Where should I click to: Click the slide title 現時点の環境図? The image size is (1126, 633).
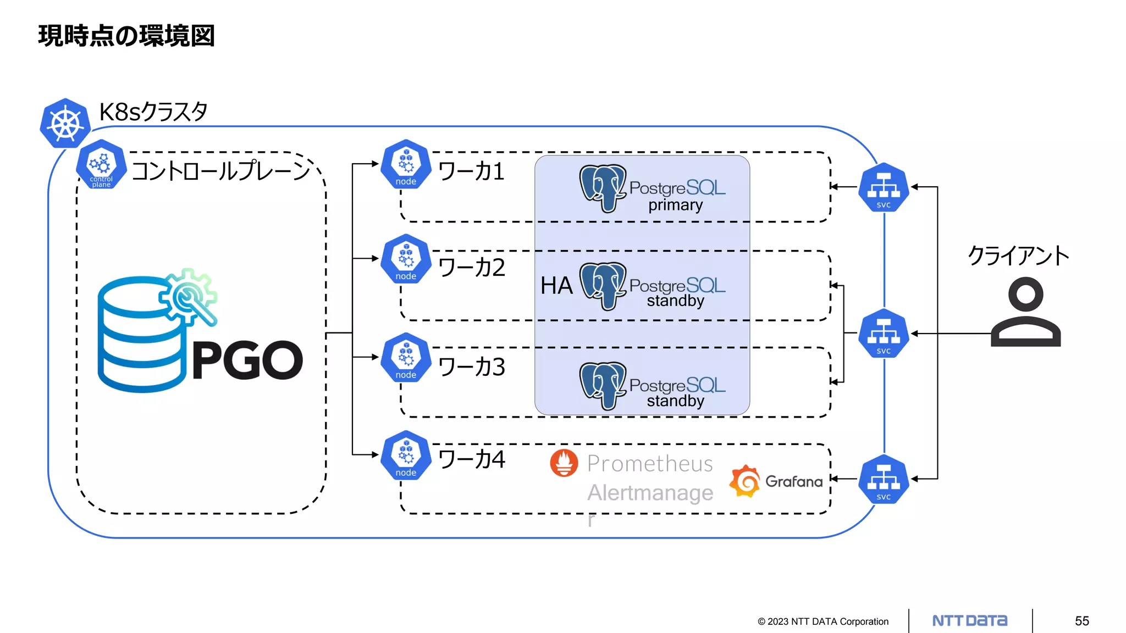[126, 36]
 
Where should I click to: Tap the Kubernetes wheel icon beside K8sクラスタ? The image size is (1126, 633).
[65, 124]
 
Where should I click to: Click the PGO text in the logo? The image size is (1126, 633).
[247, 360]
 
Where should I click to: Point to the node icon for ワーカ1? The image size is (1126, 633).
[406, 164]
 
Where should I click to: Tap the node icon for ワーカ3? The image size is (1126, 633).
[406, 358]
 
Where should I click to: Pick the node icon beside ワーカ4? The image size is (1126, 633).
[406, 456]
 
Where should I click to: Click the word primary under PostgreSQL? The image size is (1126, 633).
[675, 206]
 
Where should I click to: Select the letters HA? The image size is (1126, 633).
[556, 286]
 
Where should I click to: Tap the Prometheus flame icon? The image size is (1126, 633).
[564, 463]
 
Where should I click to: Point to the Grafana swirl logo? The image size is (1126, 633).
[745, 481]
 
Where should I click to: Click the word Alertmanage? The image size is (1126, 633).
[650, 493]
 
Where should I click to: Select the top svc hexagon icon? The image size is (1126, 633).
[884, 187]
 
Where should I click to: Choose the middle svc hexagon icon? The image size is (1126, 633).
[884, 334]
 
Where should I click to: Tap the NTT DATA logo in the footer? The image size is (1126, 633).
[970, 621]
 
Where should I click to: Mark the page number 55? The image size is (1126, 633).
[1082, 621]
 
